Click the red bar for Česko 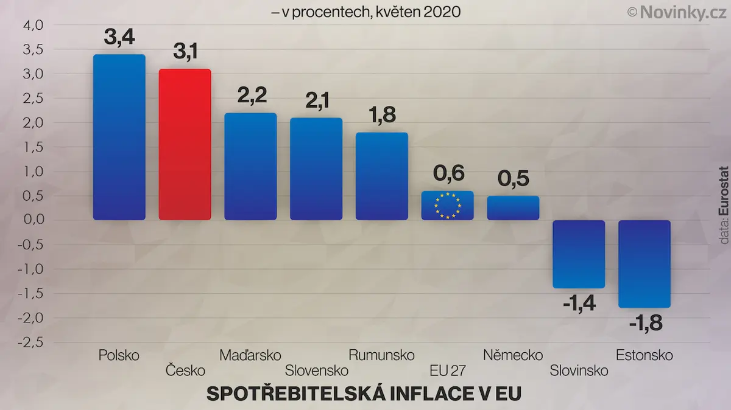tap(185, 144)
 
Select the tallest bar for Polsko tap(119, 137)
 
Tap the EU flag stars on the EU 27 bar tap(447, 206)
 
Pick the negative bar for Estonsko tap(644, 264)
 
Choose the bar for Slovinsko tap(579, 254)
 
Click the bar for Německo tap(513, 208)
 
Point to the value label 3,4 tap(119, 37)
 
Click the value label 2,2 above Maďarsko tap(252, 96)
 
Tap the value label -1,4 tap(579, 304)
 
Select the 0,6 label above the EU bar tap(448, 173)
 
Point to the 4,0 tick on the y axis tap(34, 26)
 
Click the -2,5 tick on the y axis tap(30, 342)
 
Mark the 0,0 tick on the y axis tap(34, 220)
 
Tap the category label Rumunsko tap(381, 355)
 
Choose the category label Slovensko tap(317, 370)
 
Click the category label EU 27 tap(448, 370)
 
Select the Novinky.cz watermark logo tap(677, 13)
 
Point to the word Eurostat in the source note tap(724, 191)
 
